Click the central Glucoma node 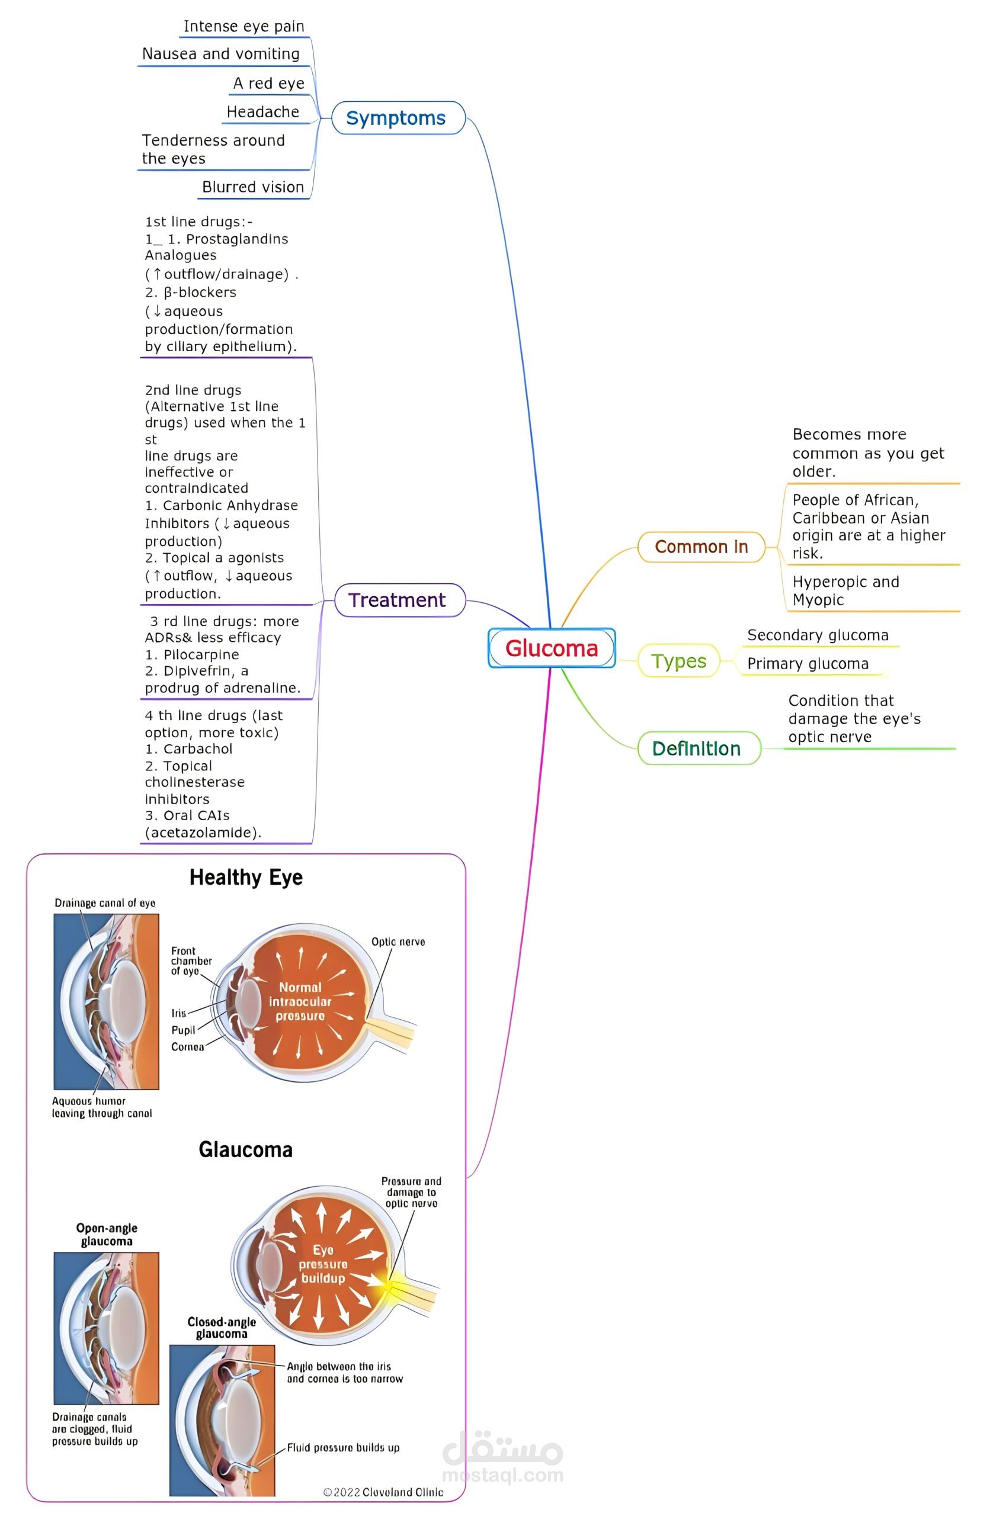coord(551,648)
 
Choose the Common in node coord(701,547)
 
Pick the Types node coord(679,661)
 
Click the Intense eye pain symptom coord(244,26)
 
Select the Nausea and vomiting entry coord(221,54)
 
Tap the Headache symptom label coord(263,113)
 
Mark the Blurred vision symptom coord(253,187)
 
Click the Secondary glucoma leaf coord(818,635)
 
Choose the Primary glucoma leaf coord(808,664)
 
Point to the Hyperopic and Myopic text coord(845,590)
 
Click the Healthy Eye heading coord(246,877)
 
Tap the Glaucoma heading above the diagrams coord(246,1149)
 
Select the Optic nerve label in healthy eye coord(398,942)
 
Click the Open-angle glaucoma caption coord(107,1235)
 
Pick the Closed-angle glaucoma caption coord(222,1328)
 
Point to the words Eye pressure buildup coord(323,1264)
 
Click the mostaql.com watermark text coord(503,1475)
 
